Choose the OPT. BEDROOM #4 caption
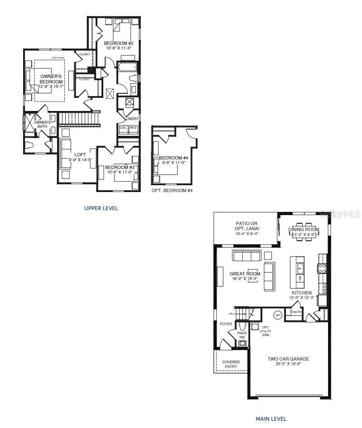pyautogui.click(x=172, y=191)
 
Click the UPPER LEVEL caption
pyautogui.click(x=101, y=208)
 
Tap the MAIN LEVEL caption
pyautogui.click(x=270, y=419)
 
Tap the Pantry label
pyautogui.click(x=296, y=312)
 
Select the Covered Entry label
pyautogui.click(x=231, y=364)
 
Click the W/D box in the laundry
pyautogui.click(x=133, y=128)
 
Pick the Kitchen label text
pyautogui.click(x=301, y=293)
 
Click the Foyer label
pyautogui.click(x=226, y=324)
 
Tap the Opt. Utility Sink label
pyautogui.click(x=266, y=331)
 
